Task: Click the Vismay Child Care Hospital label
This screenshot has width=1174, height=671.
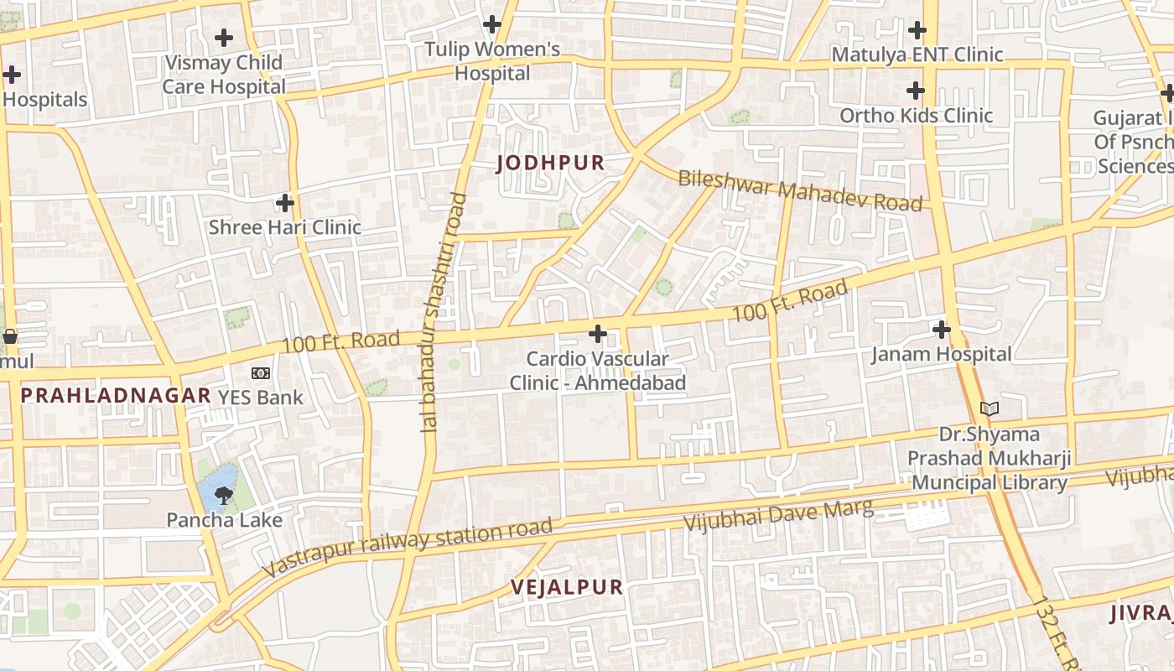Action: point(224,75)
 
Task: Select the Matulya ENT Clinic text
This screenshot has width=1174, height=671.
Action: point(917,55)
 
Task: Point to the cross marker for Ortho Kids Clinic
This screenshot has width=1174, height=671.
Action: point(916,90)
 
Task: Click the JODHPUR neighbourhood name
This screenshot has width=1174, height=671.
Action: point(550,163)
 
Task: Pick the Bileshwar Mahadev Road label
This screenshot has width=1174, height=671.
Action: point(800,190)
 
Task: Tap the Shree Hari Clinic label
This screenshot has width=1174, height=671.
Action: point(284,227)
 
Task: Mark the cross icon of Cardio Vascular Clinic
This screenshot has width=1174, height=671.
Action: point(597,334)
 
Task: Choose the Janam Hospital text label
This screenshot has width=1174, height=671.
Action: point(941,354)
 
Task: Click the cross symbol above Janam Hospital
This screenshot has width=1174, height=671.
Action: point(941,329)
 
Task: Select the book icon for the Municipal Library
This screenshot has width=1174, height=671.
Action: point(990,409)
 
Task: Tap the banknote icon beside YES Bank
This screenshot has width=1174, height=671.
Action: point(261,372)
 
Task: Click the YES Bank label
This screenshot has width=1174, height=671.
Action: point(261,397)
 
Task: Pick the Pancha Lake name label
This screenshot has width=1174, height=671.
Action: point(224,520)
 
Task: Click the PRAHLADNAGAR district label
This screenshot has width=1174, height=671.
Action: point(116,395)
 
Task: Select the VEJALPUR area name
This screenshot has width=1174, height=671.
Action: point(567,587)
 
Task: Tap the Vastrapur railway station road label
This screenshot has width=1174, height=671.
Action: point(408,546)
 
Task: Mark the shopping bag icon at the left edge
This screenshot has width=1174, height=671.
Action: point(10,337)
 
